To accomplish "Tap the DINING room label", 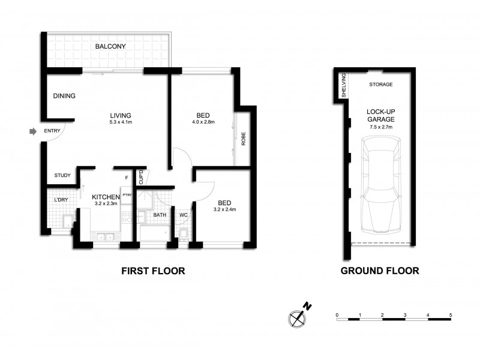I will click(x=64, y=96).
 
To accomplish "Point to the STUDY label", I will click(x=62, y=176).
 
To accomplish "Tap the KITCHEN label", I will click(x=106, y=196).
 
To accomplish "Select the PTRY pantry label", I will click(x=127, y=195).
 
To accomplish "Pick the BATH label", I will click(x=160, y=214).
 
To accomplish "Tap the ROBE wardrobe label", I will click(x=244, y=139).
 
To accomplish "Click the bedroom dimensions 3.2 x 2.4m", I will click(x=224, y=209).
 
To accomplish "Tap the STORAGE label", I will click(x=380, y=85).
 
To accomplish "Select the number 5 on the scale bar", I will click(x=450, y=315).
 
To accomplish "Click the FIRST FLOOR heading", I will click(x=153, y=271).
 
